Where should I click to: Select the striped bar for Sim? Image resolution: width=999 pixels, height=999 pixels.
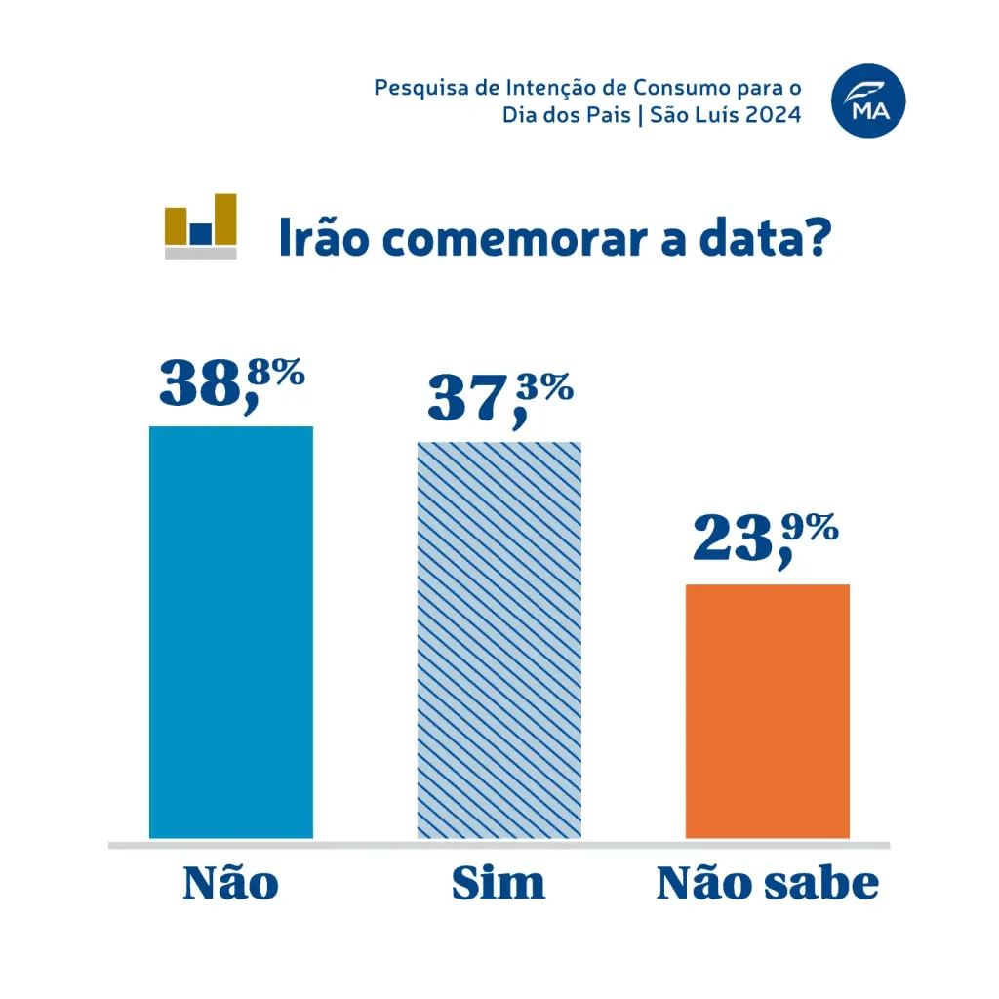(x=499, y=640)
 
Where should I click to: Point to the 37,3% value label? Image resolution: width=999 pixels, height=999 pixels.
(x=499, y=399)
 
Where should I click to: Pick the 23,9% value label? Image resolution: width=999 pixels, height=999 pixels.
(x=766, y=539)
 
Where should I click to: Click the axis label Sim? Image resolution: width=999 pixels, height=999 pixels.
(x=499, y=883)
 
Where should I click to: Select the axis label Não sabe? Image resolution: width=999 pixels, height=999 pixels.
(x=768, y=883)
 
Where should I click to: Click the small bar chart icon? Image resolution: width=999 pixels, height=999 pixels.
(x=201, y=225)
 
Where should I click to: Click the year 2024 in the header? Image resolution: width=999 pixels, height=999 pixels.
(x=778, y=115)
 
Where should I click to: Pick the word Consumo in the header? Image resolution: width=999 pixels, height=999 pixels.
(x=659, y=88)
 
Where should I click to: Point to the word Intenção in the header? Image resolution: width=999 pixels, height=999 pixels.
(x=537, y=88)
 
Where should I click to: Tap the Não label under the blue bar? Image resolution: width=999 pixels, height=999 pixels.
(x=231, y=883)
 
